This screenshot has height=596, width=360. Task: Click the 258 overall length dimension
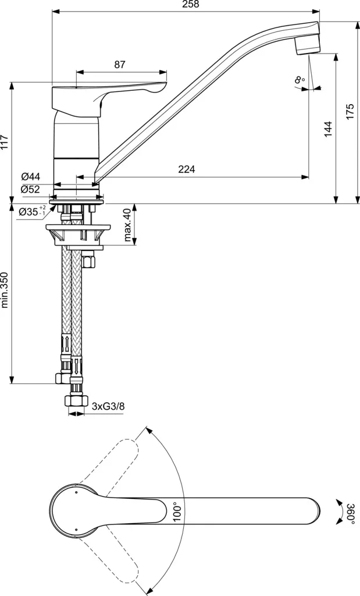tap(191, 5)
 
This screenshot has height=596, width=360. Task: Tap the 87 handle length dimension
tap(120, 65)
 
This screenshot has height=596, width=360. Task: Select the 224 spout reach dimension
tap(187, 169)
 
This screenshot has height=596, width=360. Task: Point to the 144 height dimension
tap(328, 129)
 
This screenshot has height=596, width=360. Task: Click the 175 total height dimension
tap(350, 111)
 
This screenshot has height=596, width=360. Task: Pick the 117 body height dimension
tap(5, 142)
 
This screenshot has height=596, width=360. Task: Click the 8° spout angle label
tap(300, 79)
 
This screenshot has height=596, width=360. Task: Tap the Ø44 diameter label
tap(31, 176)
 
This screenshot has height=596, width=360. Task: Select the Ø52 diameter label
tap(31, 189)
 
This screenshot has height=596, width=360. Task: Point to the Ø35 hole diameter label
tap(32, 211)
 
